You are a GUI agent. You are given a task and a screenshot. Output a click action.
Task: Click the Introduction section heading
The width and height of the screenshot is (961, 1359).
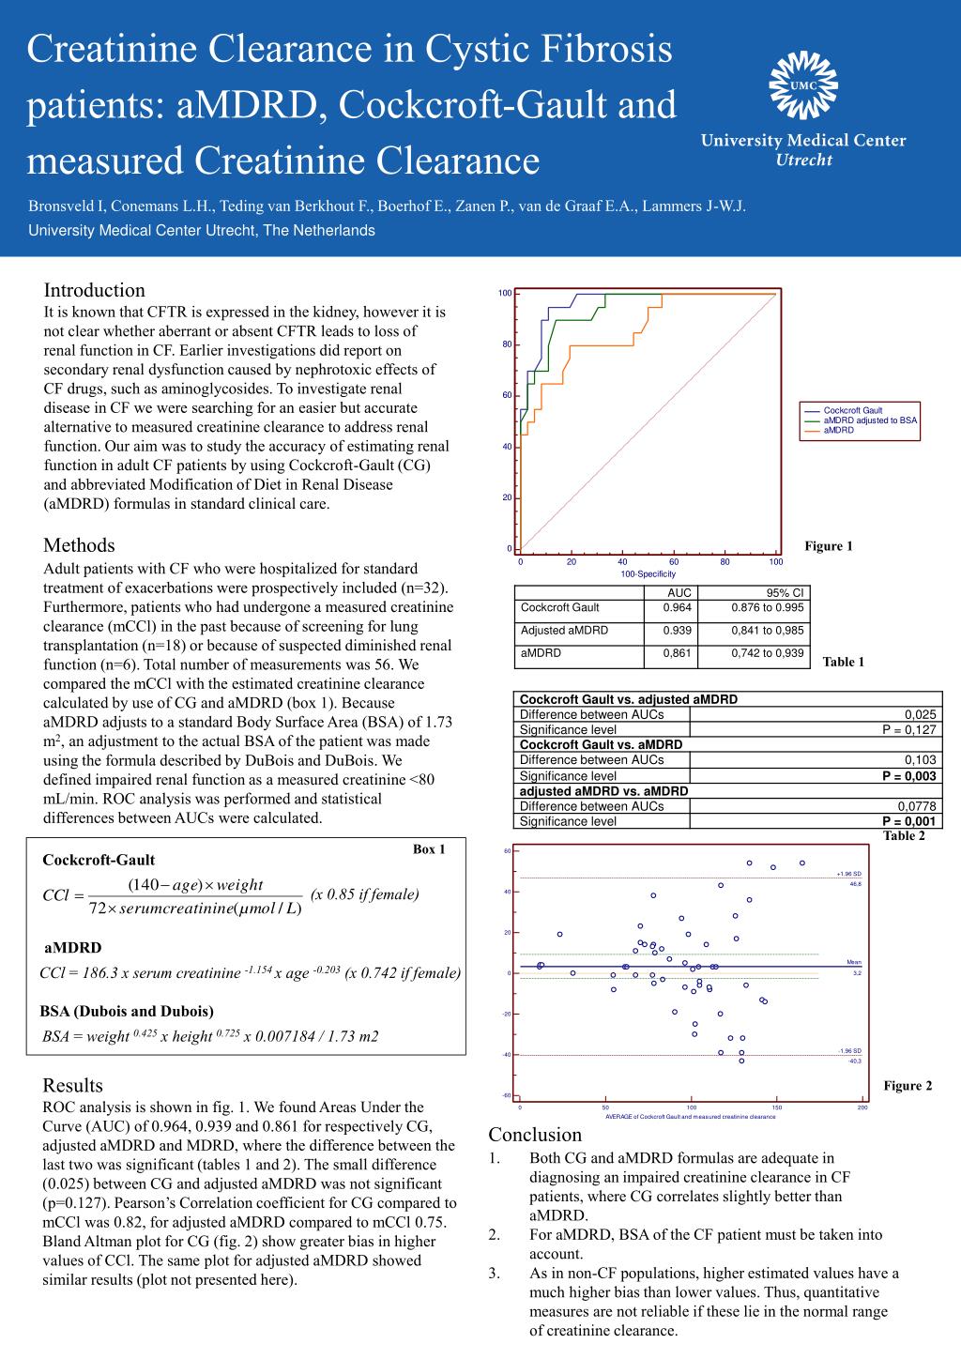(x=94, y=290)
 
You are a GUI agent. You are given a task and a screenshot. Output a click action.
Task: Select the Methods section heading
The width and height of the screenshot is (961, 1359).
(x=79, y=545)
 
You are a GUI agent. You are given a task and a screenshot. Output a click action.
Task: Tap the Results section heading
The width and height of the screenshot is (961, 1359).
(x=72, y=1085)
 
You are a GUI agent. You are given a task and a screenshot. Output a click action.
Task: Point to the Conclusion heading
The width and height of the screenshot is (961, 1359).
(x=535, y=1135)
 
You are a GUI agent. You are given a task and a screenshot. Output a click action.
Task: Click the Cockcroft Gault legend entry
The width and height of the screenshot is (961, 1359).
(x=853, y=410)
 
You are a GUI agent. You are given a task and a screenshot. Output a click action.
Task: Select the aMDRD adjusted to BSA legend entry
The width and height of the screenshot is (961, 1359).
(x=870, y=420)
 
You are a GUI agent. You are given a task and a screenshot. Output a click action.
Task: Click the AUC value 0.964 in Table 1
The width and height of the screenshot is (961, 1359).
(x=677, y=607)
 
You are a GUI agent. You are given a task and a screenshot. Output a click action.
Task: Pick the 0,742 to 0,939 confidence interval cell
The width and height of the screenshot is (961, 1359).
(x=767, y=653)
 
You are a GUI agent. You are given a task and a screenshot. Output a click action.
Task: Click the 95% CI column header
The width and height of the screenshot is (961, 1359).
(x=785, y=593)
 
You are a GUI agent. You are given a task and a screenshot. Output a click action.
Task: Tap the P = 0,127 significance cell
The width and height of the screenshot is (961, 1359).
(x=909, y=729)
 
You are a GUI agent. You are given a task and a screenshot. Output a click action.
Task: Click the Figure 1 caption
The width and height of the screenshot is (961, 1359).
(x=828, y=546)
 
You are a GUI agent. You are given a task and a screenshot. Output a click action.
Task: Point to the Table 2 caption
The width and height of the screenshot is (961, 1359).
(x=904, y=836)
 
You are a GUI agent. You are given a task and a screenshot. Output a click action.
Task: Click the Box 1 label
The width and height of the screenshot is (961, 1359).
(x=429, y=849)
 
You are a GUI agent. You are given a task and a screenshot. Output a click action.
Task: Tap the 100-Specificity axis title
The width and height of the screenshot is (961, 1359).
(x=648, y=573)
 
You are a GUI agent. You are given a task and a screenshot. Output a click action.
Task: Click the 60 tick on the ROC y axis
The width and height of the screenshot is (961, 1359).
(x=507, y=395)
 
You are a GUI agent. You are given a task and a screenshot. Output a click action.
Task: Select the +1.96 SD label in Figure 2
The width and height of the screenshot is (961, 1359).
(x=848, y=874)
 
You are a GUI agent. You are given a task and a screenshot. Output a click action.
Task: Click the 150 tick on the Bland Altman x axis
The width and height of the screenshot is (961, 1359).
(x=777, y=1107)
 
